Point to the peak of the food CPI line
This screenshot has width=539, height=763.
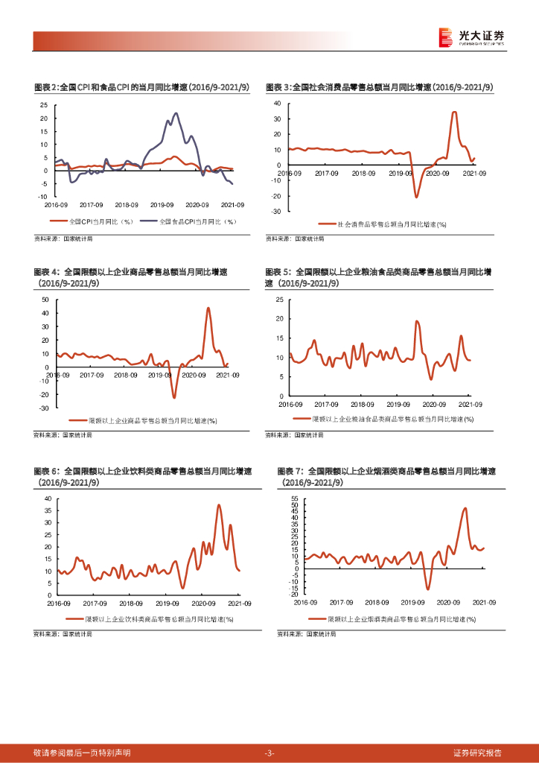click(x=176, y=113)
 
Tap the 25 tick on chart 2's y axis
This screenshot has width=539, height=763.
click(x=44, y=106)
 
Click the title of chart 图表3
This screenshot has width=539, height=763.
click(x=380, y=87)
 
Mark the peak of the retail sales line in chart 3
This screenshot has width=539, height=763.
click(x=454, y=113)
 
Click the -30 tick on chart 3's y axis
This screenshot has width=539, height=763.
click(x=276, y=212)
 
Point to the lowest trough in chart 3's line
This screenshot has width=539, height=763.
click(x=417, y=197)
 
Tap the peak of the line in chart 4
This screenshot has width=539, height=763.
click(x=208, y=308)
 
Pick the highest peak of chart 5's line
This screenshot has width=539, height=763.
click(x=417, y=321)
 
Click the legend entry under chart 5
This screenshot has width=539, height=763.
click(x=384, y=420)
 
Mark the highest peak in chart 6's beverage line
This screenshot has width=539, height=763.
click(x=219, y=505)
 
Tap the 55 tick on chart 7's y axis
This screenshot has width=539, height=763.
click(x=294, y=498)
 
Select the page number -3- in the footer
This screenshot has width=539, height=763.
click(x=269, y=753)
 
